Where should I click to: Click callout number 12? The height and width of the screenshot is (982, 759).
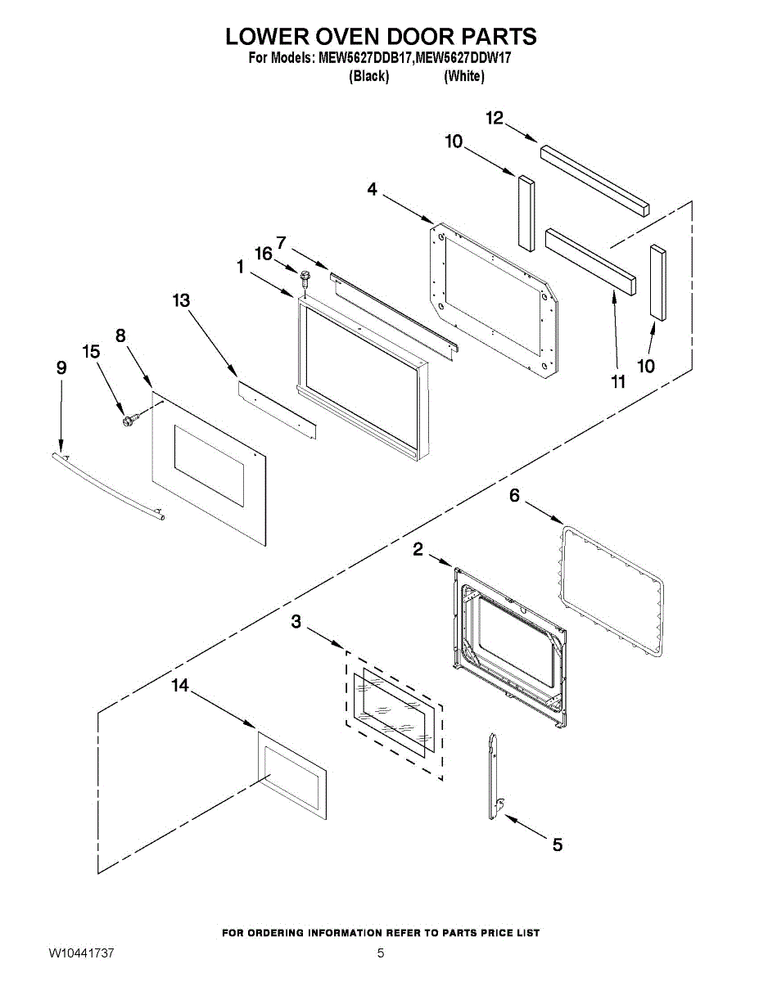point(495,119)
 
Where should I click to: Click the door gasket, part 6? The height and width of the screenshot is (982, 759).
point(610,595)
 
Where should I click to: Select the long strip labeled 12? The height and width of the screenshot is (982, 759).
point(594,178)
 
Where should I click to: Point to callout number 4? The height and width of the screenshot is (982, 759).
point(373,189)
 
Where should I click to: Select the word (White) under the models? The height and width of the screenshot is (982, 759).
point(464,76)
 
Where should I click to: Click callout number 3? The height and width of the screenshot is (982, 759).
point(296,623)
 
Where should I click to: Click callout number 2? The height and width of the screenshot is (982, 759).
point(418,550)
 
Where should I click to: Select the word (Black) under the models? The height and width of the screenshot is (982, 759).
point(368,76)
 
